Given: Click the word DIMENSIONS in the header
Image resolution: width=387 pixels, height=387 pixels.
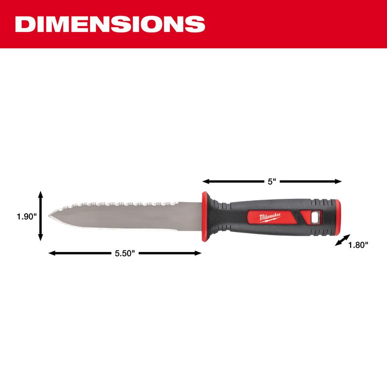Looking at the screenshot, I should click(107, 24).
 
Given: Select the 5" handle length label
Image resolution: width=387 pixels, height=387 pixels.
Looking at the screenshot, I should click(272, 182).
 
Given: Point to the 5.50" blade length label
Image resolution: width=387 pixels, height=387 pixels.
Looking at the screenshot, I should click(124, 253).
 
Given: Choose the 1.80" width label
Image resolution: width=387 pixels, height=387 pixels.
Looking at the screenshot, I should click(358, 245).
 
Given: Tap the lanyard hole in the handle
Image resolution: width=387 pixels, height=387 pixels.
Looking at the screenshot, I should click(315, 217).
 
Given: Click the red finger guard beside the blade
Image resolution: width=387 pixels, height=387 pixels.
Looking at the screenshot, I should click(205, 216).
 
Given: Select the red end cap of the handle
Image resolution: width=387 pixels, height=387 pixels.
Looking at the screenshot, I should click(338, 216).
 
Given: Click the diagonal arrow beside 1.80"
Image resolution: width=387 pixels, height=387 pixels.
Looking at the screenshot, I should click(342, 240).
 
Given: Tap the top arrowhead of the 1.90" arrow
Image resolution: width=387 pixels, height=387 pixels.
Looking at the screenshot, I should click(41, 194).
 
